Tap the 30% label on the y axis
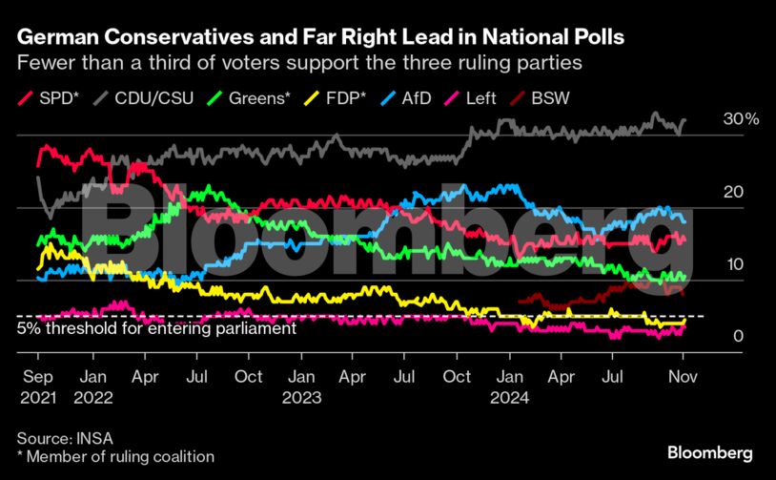741,119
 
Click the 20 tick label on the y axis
732,192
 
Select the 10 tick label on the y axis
732,264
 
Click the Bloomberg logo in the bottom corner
709,451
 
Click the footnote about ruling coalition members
114,457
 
